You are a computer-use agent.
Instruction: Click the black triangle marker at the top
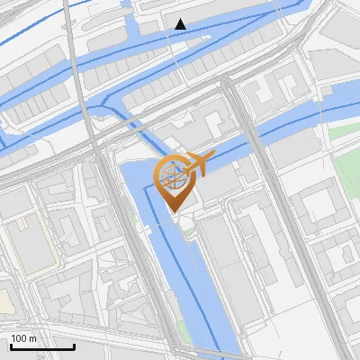coord(181,24)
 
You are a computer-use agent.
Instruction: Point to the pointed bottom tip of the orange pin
coord(175,211)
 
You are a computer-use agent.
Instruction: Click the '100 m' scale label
coord(23,338)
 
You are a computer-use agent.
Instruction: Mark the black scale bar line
coord(42,346)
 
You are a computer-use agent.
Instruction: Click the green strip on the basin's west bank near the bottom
coord(184,333)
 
